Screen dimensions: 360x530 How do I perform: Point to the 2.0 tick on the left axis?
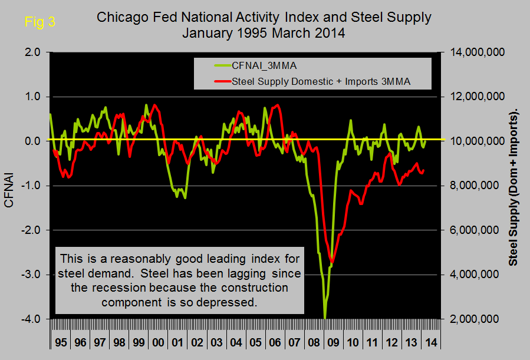(x=32, y=52)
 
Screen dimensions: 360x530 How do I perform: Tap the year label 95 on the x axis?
(x=61, y=342)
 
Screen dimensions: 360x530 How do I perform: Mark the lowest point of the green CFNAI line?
(x=325, y=318)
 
